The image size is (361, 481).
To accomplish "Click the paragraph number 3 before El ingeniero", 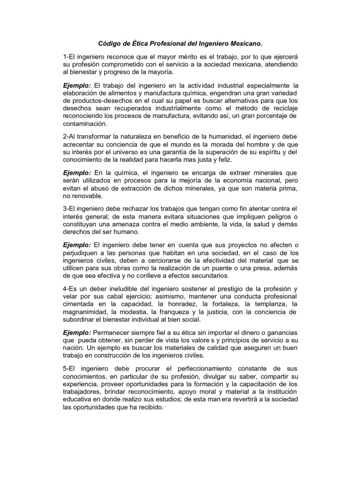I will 65,209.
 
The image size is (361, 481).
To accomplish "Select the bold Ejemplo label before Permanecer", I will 77,333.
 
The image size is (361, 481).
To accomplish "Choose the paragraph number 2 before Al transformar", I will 65,136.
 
